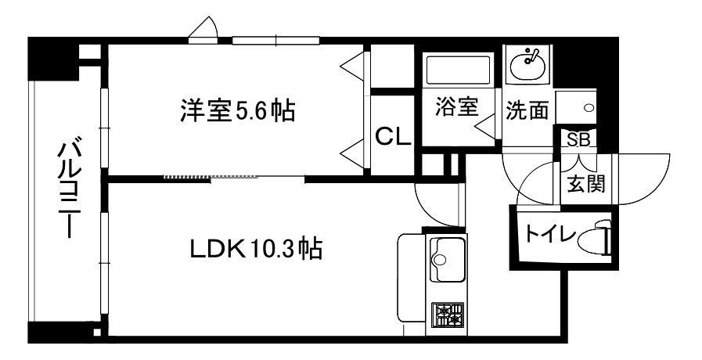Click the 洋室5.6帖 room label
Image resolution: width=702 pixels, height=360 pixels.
[238, 110]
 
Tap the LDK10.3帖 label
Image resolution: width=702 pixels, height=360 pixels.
[256, 249]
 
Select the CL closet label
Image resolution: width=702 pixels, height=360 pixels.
[393, 136]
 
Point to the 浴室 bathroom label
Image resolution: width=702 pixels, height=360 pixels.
[457, 107]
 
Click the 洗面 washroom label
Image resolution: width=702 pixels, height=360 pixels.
[527, 110]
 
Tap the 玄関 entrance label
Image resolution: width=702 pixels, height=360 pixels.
[586, 182]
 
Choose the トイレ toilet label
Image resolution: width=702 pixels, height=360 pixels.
[549, 233]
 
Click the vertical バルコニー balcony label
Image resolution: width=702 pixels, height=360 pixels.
[69, 190]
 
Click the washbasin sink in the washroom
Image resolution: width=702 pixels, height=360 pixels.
[527, 64]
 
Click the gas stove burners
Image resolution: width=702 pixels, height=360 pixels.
[448, 315]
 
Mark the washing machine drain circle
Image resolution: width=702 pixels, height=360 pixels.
[589, 108]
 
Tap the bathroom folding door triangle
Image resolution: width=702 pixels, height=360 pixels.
[486, 127]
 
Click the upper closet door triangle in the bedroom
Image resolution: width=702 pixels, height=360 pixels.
[354, 67]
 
